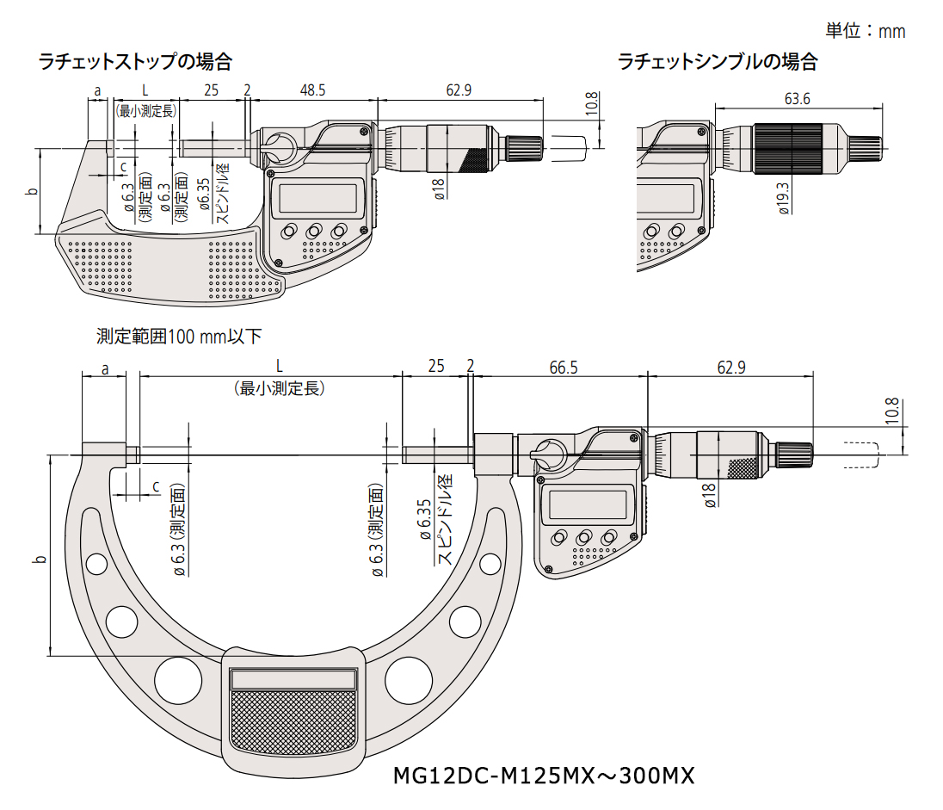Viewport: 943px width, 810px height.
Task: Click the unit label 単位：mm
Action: click(x=865, y=31)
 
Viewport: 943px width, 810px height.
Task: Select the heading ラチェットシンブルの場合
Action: click(x=717, y=62)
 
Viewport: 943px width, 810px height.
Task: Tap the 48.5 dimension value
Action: click(x=312, y=90)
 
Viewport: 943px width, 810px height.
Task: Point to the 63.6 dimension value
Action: click(x=797, y=98)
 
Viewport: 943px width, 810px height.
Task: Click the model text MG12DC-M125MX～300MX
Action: click(x=543, y=776)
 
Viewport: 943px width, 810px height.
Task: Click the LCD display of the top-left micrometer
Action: click(x=315, y=198)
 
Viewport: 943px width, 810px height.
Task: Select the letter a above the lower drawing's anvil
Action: click(x=105, y=368)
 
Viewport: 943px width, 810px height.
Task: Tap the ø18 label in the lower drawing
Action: click(x=710, y=496)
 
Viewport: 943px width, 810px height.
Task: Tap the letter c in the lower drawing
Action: click(x=156, y=486)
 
